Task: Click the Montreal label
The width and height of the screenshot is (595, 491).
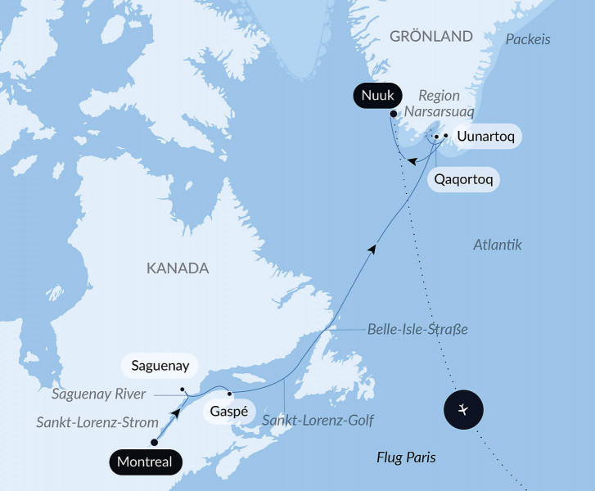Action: coord(145,462)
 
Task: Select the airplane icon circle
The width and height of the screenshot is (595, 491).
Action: coord(464,408)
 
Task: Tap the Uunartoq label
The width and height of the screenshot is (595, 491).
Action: coord(486,136)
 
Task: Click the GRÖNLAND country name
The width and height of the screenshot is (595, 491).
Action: coord(431,37)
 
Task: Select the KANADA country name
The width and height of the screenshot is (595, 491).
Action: coord(178,268)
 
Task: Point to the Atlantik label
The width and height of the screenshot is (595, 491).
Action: coord(498,245)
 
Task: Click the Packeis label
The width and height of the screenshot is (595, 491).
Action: coord(528,39)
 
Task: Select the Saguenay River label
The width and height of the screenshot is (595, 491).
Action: coord(99,394)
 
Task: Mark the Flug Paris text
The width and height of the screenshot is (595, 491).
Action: coord(406,457)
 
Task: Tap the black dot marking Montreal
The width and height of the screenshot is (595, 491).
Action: coord(155,442)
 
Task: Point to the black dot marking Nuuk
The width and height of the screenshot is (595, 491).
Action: coord(394,114)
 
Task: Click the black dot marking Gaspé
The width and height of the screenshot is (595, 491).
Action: coord(230,393)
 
